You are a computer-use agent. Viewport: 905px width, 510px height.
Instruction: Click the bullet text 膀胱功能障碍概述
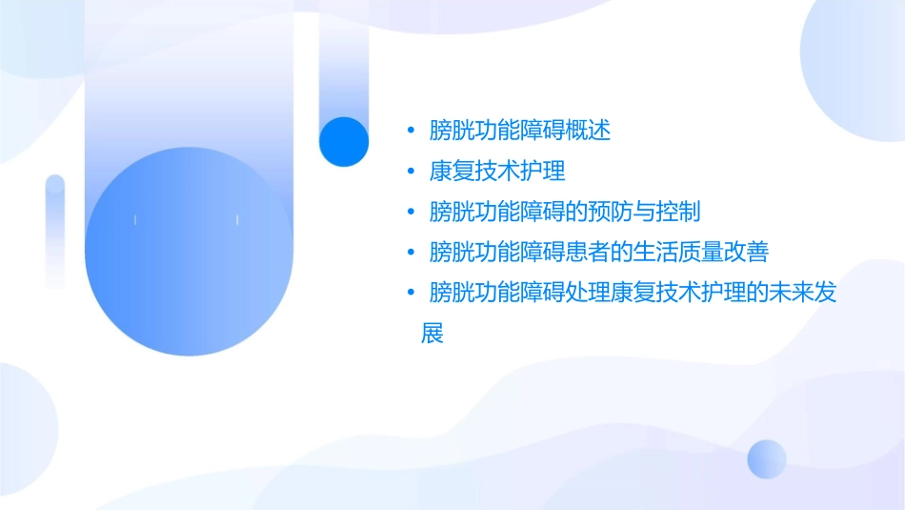(520, 131)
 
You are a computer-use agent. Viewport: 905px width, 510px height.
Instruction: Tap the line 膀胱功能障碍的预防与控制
(565, 212)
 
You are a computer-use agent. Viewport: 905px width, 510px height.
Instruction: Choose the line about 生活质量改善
(599, 253)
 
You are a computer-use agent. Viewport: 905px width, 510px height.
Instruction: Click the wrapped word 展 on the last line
(432, 335)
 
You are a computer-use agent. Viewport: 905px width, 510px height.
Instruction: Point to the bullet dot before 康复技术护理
(411, 173)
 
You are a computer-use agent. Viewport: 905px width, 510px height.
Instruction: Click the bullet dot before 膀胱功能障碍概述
(411, 132)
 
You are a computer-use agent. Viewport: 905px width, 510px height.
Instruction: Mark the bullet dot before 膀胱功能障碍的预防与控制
(411, 213)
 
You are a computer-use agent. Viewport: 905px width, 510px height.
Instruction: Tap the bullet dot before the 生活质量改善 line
(411, 254)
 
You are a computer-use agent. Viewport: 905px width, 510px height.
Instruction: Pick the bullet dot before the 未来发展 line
(411, 294)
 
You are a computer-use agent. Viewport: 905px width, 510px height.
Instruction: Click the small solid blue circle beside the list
(343, 141)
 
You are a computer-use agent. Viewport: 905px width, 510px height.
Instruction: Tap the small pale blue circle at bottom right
(767, 459)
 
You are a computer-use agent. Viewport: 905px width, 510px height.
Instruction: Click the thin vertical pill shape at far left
(55, 231)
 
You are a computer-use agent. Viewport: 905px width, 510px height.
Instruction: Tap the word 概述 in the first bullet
(588, 131)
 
